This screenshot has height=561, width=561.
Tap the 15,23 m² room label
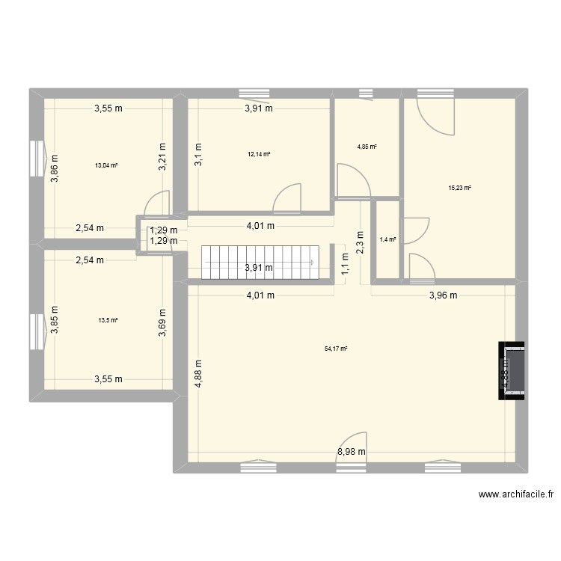tap(459, 188)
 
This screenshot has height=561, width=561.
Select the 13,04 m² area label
tap(105, 165)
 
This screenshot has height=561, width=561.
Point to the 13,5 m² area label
tap(108, 320)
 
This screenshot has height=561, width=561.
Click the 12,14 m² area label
tap(259, 155)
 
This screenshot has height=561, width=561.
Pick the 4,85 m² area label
tap(367, 147)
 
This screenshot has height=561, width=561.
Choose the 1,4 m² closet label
tap(388, 239)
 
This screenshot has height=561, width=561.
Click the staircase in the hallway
tap(258, 262)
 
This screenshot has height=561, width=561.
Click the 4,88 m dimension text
tap(197, 371)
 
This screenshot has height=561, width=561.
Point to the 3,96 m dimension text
tap(443, 295)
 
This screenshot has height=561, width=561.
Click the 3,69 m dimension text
tap(161, 322)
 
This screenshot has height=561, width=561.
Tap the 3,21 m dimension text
tap(161, 159)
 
